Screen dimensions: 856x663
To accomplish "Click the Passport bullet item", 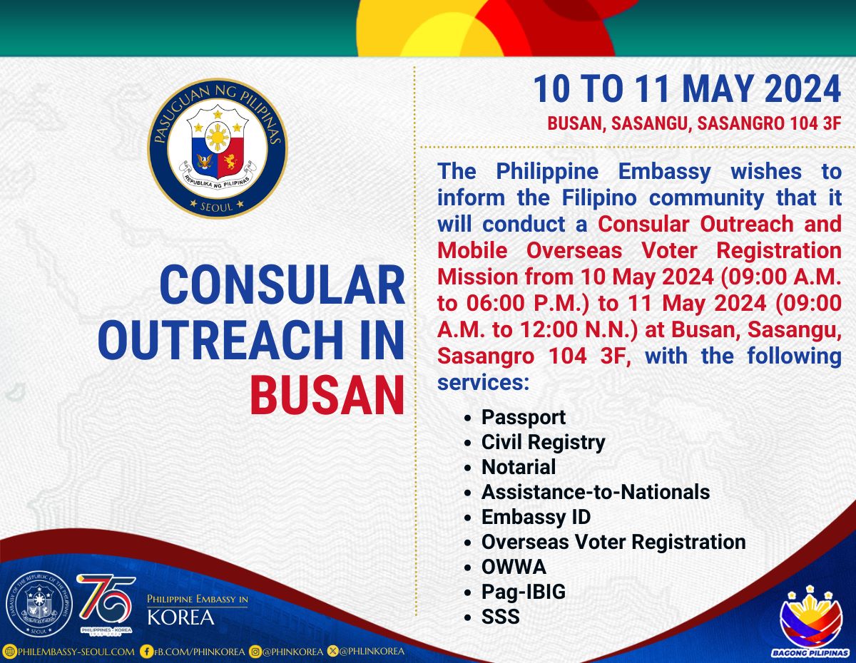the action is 523,418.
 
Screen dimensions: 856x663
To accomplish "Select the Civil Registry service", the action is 544,443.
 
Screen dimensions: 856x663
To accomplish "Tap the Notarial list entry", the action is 519,467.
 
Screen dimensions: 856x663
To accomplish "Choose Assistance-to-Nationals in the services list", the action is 596,492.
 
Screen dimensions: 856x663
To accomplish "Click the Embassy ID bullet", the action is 536,518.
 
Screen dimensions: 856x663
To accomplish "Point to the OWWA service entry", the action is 514,567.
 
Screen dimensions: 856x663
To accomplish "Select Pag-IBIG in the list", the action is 524,592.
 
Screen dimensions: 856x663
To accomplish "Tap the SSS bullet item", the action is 500,617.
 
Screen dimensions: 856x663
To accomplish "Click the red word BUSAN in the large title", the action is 327,395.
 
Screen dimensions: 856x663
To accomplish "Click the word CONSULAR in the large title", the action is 282,284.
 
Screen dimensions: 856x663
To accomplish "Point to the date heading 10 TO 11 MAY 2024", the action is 687,89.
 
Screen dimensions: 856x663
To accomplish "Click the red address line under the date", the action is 694,123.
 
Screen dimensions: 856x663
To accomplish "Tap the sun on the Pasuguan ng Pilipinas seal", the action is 218,137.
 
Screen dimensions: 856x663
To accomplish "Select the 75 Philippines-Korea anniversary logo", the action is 106,604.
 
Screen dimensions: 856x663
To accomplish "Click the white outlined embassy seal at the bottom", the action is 39,604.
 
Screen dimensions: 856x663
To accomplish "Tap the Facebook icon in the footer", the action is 146,652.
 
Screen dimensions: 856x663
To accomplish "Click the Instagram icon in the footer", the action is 255,652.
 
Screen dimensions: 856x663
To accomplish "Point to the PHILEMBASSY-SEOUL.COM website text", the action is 76,652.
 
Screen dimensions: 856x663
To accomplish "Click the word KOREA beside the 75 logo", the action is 180,617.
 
